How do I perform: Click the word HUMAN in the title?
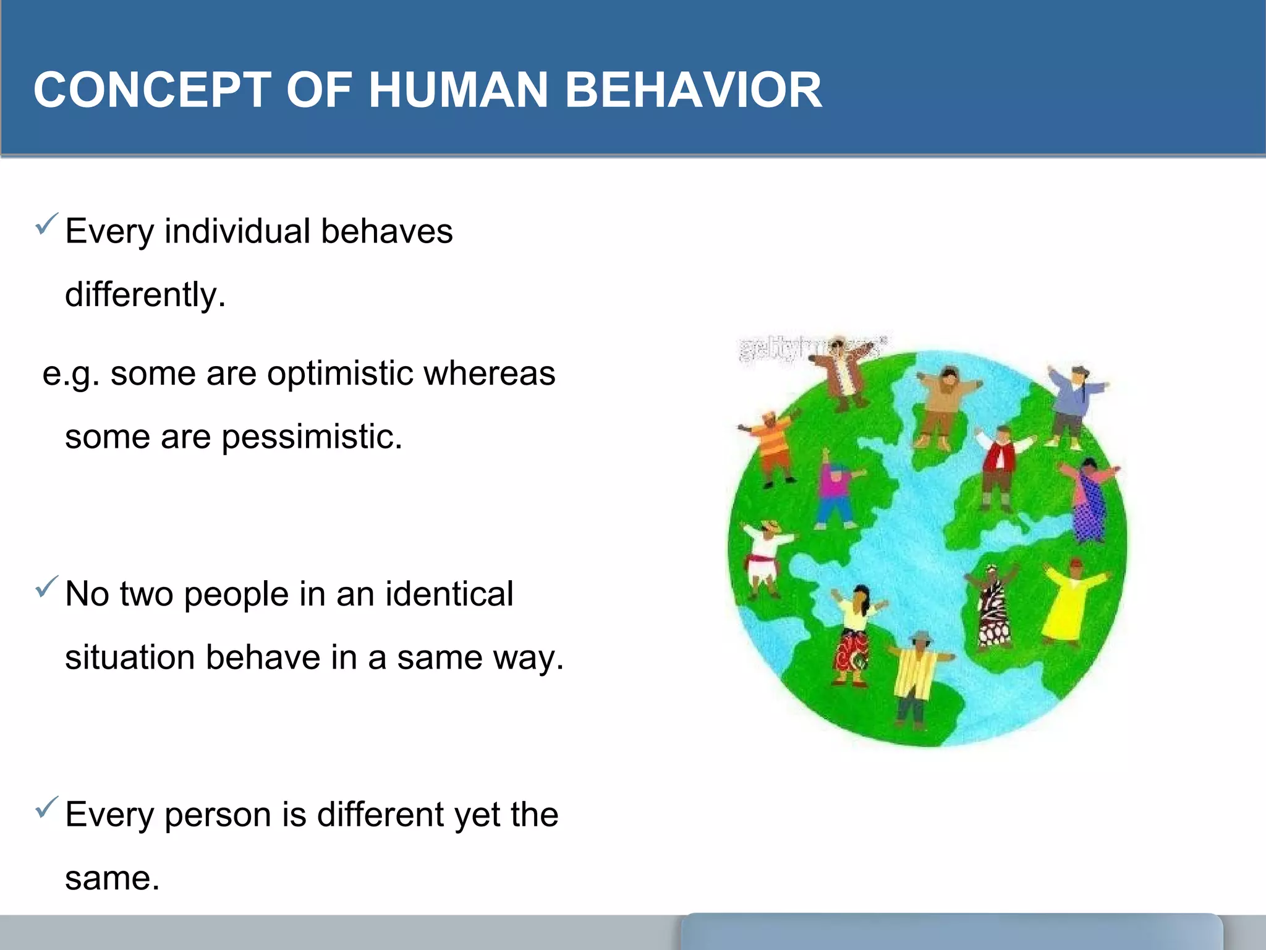point(458,90)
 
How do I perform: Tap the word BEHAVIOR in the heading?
point(693,90)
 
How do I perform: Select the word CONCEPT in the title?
point(152,90)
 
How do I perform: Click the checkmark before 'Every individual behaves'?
point(47,223)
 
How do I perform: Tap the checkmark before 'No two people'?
point(47,586)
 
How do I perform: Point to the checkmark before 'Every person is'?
point(47,807)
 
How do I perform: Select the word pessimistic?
point(312,437)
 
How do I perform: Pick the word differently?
point(145,294)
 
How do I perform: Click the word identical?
point(449,594)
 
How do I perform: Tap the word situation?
point(130,657)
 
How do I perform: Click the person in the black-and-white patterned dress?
point(993,606)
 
